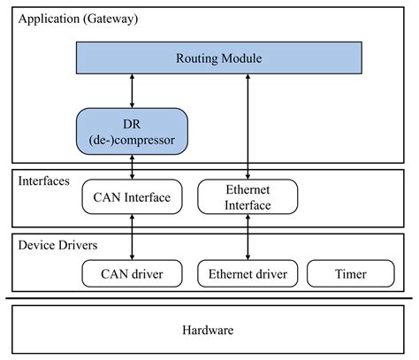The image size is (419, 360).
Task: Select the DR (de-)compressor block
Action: tap(132, 129)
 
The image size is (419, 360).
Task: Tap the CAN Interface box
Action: tap(132, 195)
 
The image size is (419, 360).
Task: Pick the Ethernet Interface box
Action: tap(247, 196)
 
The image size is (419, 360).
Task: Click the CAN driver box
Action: tap(132, 273)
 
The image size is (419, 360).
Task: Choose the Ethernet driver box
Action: tap(247, 273)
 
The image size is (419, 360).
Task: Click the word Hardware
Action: tap(209, 330)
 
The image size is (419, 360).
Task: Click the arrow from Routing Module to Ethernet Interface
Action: tap(248, 124)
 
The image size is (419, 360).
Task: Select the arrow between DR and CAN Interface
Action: tap(132, 165)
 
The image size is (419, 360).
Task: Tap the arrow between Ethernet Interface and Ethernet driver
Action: tap(248, 237)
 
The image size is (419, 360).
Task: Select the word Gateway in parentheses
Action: tap(112, 18)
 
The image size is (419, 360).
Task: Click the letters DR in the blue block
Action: tap(132, 122)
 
